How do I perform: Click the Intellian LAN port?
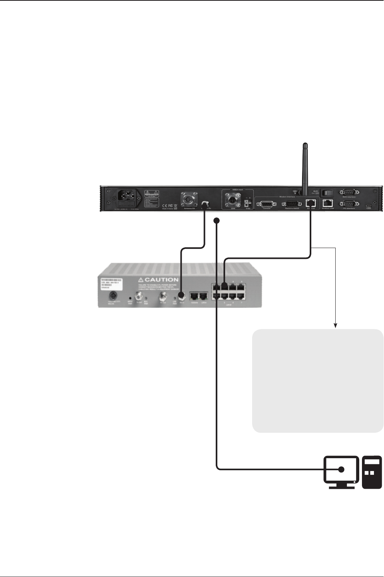pyautogui.click(x=328, y=203)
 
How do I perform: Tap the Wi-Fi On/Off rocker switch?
pyautogui.click(x=328, y=192)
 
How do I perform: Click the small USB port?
pyautogui.click(x=369, y=205)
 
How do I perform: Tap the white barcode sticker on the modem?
pyautogui.click(x=111, y=282)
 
